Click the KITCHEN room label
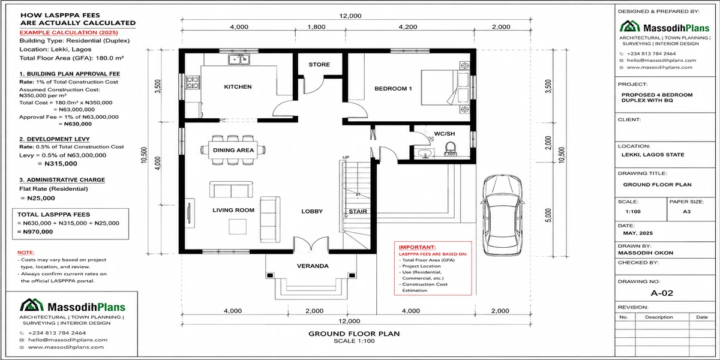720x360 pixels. [x=238, y=87]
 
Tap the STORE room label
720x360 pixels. [x=319, y=64]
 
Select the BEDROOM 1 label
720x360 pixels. [x=393, y=89]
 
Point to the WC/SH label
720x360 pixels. [x=445, y=134]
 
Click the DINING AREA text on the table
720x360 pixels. [x=233, y=150]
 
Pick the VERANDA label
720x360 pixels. [x=313, y=266]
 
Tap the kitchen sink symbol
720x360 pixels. [x=239, y=59]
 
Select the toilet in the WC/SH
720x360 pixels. [x=451, y=149]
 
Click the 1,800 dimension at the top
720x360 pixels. [x=316, y=27]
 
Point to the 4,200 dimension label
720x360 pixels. [x=408, y=27]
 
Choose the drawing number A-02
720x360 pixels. [x=662, y=293]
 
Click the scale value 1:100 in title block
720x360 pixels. [x=633, y=211]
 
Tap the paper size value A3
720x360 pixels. [x=686, y=211]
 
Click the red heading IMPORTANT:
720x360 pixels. [x=417, y=247]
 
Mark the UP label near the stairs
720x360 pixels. [x=346, y=157]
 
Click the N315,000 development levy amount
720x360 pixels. [x=61, y=164]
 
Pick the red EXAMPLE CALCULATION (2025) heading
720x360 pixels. [x=69, y=32]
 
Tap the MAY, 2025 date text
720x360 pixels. [x=638, y=233]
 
